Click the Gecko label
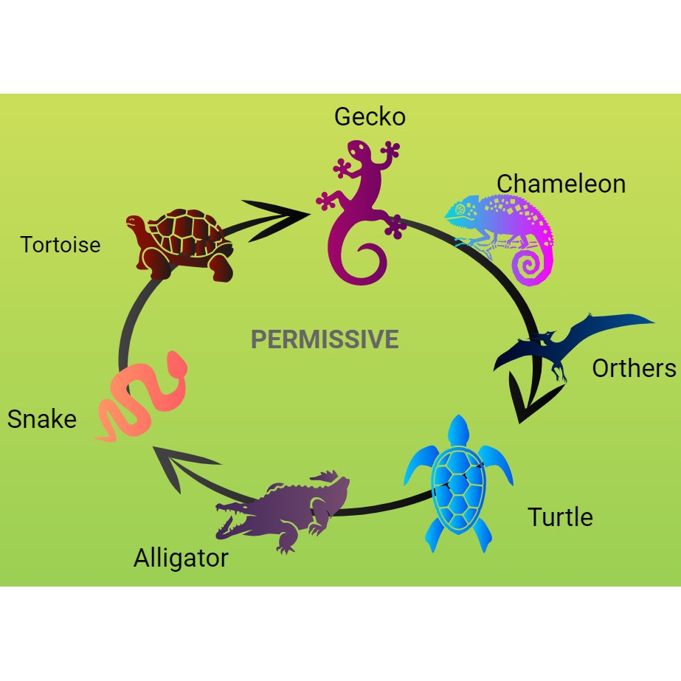tap(370, 117)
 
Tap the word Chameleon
tap(561, 183)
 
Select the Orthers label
tap(634, 367)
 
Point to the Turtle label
tap(560, 516)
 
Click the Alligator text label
tap(181, 558)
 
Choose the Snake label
tap(42, 419)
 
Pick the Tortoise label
tap(61, 244)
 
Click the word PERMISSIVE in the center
tap(325, 339)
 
